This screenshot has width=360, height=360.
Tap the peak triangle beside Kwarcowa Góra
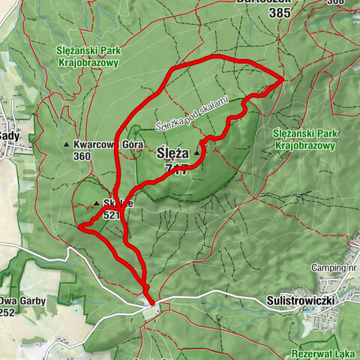pos(67,145)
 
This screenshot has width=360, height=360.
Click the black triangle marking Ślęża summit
pos(197,153)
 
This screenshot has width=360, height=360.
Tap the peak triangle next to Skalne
pos(97,202)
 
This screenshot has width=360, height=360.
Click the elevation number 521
pos(112,214)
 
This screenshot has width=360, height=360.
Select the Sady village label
pos(9,136)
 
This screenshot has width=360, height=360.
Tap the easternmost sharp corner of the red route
pos(283,78)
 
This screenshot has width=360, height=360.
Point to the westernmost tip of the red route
pos(79,224)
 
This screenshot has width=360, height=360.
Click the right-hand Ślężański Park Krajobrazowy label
pos(303,139)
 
